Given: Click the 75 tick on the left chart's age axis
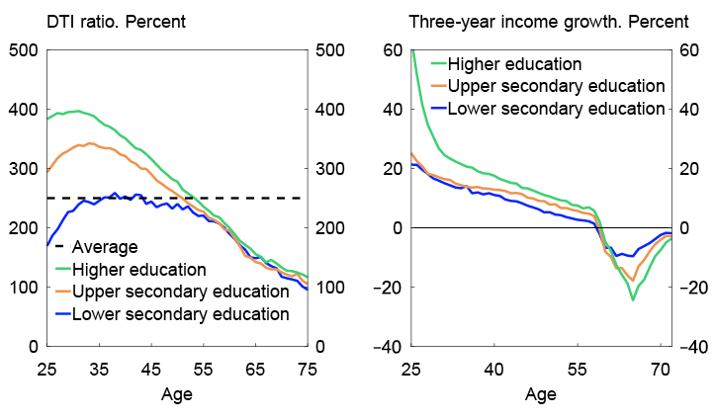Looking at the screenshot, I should point(309,369).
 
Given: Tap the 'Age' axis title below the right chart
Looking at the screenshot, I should point(541,394).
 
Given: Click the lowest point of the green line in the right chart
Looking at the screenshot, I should point(632,299).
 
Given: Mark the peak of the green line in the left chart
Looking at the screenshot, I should point(78,112).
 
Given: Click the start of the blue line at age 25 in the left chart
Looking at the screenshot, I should point(46,245).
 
